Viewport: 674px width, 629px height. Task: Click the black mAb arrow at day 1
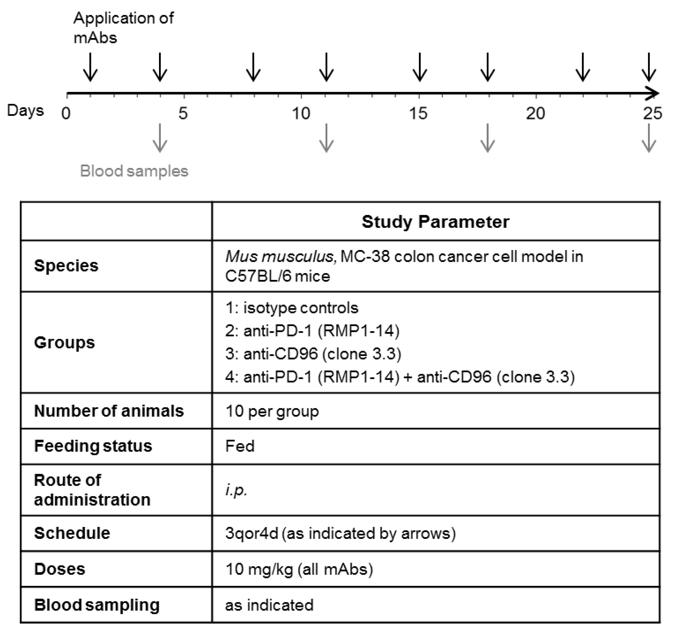pos(90,67)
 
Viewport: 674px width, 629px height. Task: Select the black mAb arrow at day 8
pos(253,67)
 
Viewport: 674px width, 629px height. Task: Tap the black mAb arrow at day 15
pos(420,67)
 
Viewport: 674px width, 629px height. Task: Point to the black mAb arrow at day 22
pos(583,67)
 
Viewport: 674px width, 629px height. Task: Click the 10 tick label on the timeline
pos(301,113)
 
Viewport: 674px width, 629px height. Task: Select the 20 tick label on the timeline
pos(535,113)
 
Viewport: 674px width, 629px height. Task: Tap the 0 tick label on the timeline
pos(66,113)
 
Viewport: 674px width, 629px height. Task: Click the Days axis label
pos(26,111)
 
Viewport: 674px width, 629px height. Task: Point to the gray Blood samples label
pos(134,171)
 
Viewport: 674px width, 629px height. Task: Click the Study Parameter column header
pos(435,222)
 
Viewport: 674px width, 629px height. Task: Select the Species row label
pos(66,265)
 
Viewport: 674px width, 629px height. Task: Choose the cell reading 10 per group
pos(272,411)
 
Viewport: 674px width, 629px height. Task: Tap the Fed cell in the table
pos(240,446)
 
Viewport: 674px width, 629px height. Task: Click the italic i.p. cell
pos(236,490)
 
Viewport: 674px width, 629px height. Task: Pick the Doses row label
pos(60,569)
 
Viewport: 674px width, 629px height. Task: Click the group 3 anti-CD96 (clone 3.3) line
pos(313,354)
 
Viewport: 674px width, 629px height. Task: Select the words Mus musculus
pos(280,257)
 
